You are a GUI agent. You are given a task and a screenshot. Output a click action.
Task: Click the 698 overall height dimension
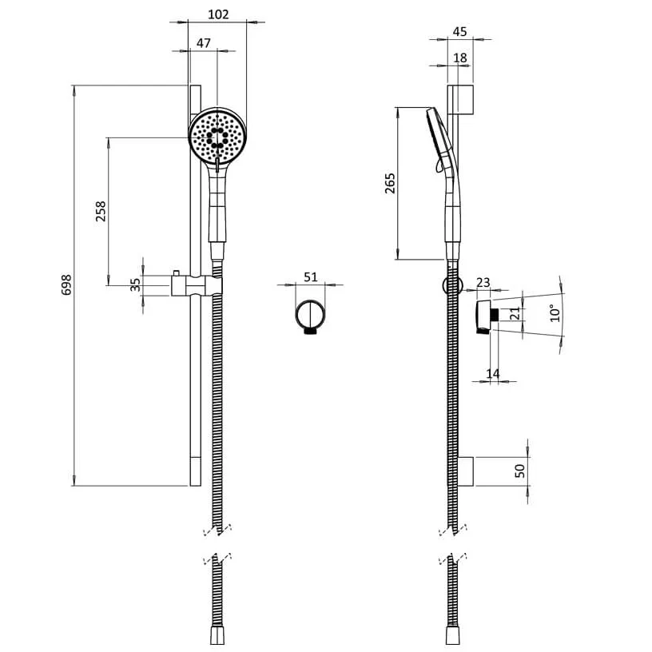67,285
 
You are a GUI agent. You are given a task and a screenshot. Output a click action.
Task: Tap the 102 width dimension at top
217,14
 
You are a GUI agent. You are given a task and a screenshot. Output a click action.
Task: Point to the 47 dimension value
203,43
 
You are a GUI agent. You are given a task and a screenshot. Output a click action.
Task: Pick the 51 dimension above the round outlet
311,276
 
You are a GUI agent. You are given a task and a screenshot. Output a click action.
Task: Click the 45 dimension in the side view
459,31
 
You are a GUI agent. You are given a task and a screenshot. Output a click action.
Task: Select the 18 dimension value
459,58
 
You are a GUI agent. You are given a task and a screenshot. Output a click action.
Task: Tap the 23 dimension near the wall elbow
483,281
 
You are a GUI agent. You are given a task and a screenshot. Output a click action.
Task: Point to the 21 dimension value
515,313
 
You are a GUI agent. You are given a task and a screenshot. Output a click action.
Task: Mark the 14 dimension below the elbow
494,373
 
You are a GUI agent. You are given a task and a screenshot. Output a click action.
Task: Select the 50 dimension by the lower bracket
520,471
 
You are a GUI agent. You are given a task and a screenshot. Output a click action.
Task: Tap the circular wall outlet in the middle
309,316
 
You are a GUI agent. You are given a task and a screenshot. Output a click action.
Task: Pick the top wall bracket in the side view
461,99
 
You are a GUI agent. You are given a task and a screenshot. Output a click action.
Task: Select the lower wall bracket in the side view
462,471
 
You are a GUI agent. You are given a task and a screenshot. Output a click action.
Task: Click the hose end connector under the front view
217,635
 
